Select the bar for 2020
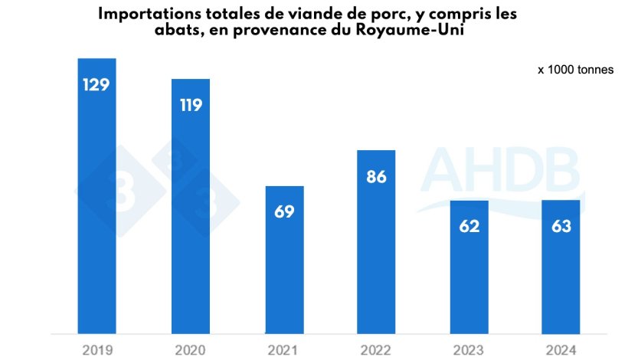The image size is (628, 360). coord(191,206)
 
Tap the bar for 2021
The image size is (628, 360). coord(284,260)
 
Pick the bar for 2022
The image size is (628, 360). coord(377,242)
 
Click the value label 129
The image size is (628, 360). coord(97,84)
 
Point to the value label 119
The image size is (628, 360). coord(191,105)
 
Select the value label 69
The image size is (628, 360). coord(284,211)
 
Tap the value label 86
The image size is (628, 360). coord(377,177)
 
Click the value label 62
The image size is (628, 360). coord(469,226)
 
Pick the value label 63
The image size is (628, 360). coord(563,226)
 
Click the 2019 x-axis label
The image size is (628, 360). coord(97,350)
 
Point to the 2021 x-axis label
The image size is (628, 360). coord(284,350)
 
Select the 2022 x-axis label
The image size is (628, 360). coord(377,350)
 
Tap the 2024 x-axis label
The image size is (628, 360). coord(563,350)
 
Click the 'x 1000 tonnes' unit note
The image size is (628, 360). coord(574,70)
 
